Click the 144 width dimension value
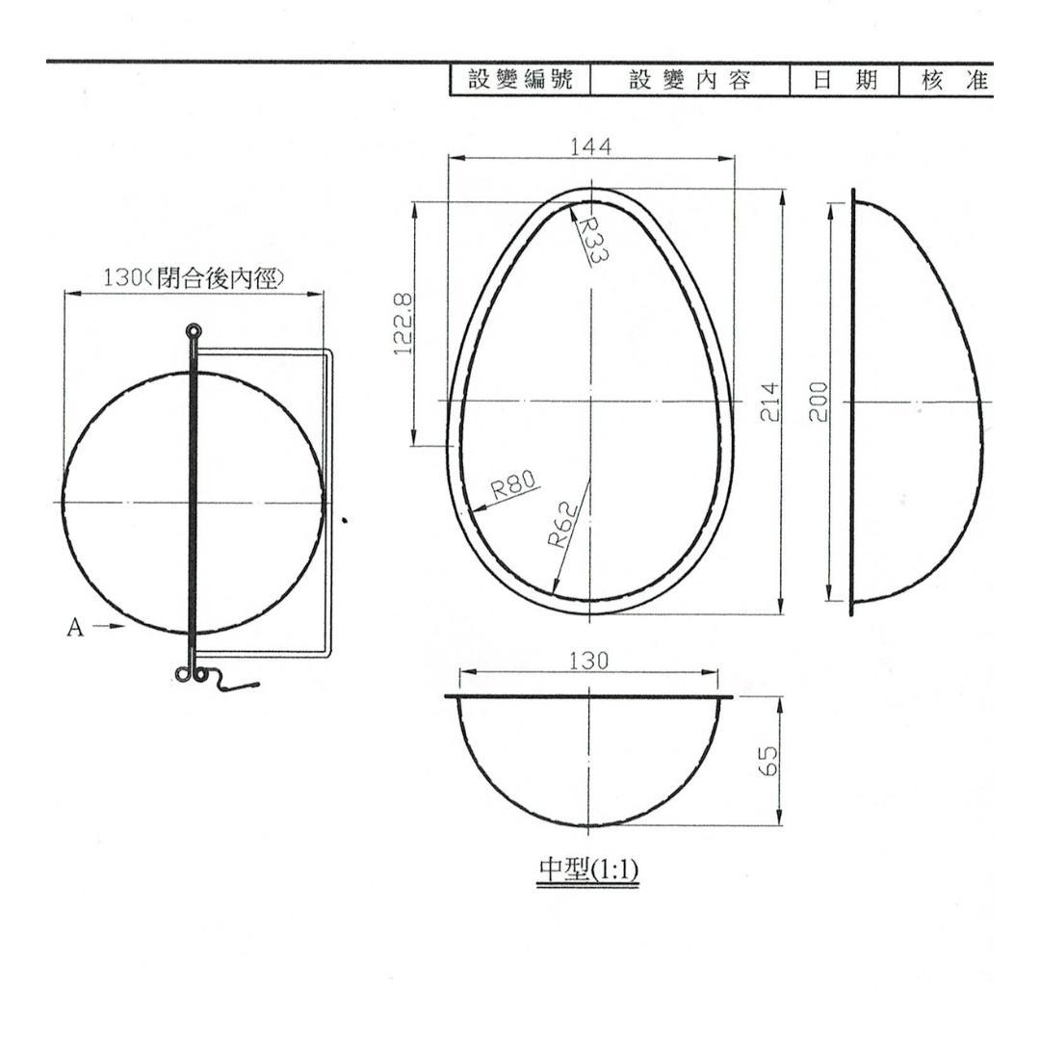point(590,146)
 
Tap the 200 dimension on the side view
point(818,402)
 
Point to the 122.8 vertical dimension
point(404,324)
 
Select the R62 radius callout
point(564,524)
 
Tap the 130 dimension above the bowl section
point(588,661)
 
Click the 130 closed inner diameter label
point(194,278)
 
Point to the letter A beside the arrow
point(74,628)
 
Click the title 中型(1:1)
point(587,870)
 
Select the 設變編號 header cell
point(520,80)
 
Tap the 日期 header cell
point(845,80)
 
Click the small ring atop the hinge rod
point(194,330)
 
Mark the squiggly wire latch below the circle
point(232,683)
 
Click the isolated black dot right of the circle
point(345,521)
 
